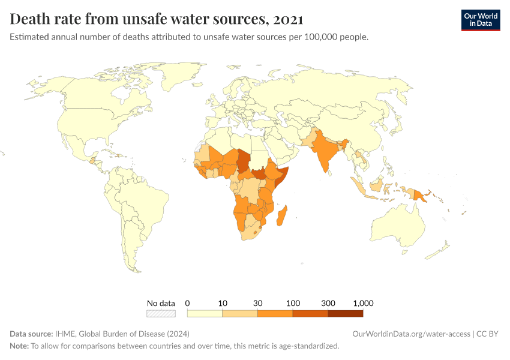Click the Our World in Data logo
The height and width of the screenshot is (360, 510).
pyautogui.click(x=480, y=20)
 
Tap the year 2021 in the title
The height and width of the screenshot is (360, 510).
pyautogui.click(x=287, y=19)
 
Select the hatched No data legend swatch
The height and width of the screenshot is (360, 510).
pyautogui.click(x=161, y=313)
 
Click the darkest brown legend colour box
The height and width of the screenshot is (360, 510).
pyautogui.click(x=346, y=313)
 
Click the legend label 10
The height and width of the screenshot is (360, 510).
pyautogui.click(x=223, y=303)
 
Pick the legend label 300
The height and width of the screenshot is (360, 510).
pyautogui.click(x=328, y=303)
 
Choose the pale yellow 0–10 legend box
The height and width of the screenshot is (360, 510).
pyautogui.click(x=205, y=313)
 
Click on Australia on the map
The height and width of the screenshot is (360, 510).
pyautogui.click(x=399, y=225)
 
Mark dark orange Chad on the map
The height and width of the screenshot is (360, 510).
pyautogui.click(x=243, y=160)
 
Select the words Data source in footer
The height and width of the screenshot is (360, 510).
pyautogui.click(x=31, y=334)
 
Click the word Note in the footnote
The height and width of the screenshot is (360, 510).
pyautogui.click(x=19, y=346)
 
